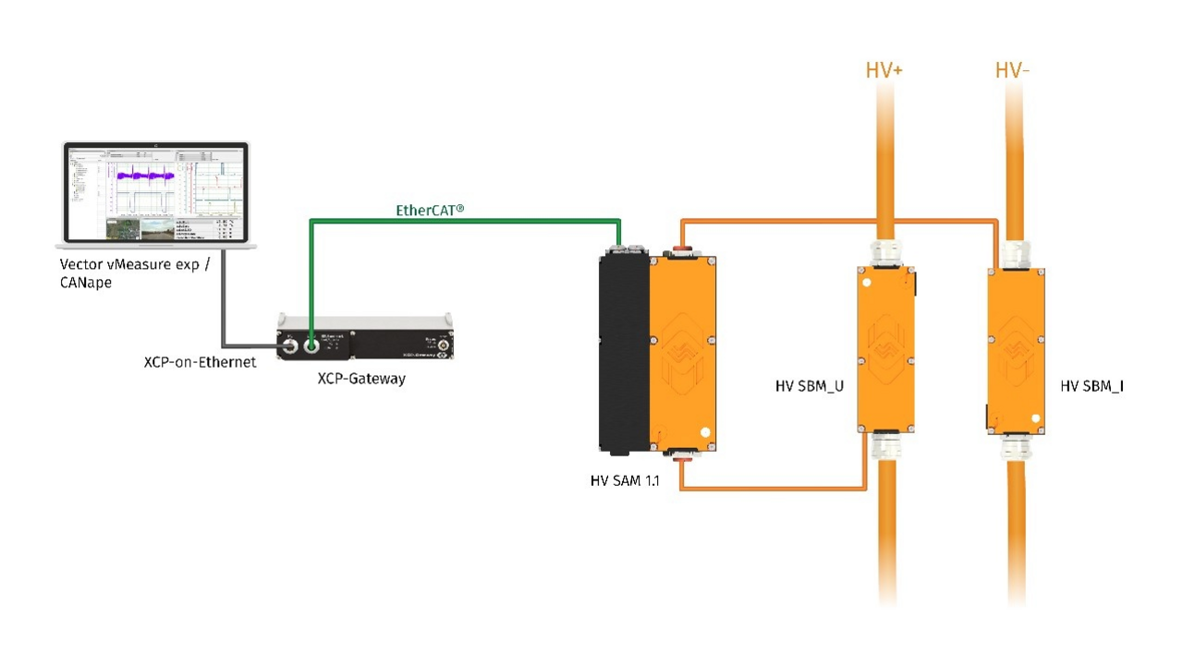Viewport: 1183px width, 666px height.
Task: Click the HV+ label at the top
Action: tap(884, 70)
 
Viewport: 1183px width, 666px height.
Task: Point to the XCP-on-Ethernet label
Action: tap(200, 361)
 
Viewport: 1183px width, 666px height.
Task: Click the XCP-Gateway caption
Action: tap(361, 379)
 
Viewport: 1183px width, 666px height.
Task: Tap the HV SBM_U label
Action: tap(810, 386)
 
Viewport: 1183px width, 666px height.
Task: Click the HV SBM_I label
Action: tap(1092, 386)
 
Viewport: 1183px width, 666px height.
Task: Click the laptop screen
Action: tap(155, 193)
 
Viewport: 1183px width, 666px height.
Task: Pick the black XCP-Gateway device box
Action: tap(370, 338)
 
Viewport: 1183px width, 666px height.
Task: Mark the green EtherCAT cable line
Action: tap(462, 221)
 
